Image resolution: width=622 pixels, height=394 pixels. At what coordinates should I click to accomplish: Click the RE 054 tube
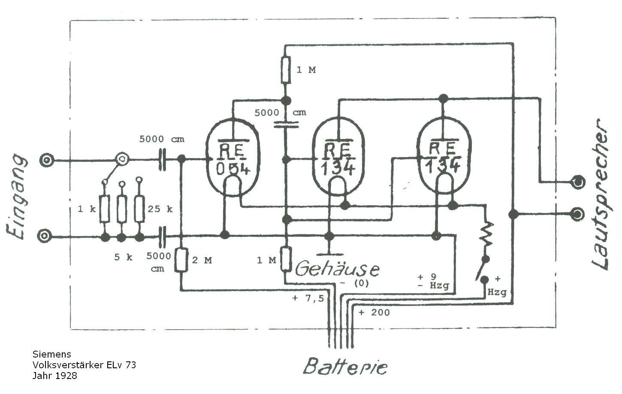232,157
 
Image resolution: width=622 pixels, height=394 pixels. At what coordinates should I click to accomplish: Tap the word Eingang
17,197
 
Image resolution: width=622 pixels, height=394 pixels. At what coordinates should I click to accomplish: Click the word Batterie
345,366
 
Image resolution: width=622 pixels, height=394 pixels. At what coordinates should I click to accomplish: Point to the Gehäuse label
337,269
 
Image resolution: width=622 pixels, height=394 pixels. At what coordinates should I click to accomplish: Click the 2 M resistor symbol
181,260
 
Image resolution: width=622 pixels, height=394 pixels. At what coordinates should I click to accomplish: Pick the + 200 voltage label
374,312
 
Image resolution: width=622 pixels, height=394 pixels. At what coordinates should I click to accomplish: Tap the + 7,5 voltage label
308,299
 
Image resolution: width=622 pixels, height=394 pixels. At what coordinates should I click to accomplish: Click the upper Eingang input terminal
46,161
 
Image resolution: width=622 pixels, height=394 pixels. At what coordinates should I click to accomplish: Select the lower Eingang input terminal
44,236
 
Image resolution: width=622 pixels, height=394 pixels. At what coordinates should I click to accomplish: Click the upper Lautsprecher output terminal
578,182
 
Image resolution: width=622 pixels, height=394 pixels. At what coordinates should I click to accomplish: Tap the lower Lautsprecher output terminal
578,214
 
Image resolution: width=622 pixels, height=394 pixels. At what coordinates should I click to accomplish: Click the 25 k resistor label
160,209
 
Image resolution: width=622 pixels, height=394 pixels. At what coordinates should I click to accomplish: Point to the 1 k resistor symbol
104,209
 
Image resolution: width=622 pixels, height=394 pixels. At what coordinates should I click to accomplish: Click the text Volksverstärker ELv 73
84,365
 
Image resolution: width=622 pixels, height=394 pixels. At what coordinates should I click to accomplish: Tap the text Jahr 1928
55,376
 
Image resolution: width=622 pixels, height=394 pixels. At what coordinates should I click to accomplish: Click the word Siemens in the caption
51,354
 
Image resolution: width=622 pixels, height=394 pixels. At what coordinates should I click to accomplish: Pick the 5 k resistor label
123,257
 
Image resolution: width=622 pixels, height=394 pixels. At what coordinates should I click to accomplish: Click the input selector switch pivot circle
122,159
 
